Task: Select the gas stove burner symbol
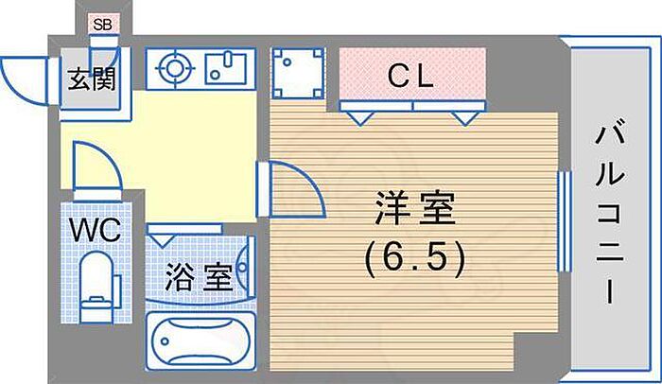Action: pyautogui.click(x=172, y=68)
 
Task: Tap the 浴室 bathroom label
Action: pyautogui.click(x=199, y=278)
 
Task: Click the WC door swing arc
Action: pyautogui.click(x=95, y=170)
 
